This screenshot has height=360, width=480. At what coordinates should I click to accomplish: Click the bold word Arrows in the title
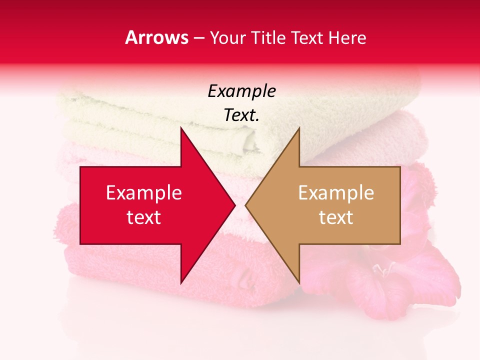pos(156,37)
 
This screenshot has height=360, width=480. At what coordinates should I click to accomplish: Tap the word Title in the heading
pos(268,38)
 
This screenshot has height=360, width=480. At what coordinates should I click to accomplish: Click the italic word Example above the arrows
pos(241,91)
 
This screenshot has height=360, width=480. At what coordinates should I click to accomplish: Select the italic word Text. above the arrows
pos(241,115)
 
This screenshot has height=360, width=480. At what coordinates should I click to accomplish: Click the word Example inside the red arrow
pos(144,193)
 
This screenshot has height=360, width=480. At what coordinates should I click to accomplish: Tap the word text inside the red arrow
pos(144,217)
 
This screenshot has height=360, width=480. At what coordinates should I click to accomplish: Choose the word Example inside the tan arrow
pos(336,193)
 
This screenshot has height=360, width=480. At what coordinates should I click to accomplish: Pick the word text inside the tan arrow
pos(336,217)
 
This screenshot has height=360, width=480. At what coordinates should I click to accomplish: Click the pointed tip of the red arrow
pos(234,205)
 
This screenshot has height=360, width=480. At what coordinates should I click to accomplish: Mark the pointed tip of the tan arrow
pos(246,205)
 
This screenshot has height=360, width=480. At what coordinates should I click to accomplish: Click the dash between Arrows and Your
pos(198,38)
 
